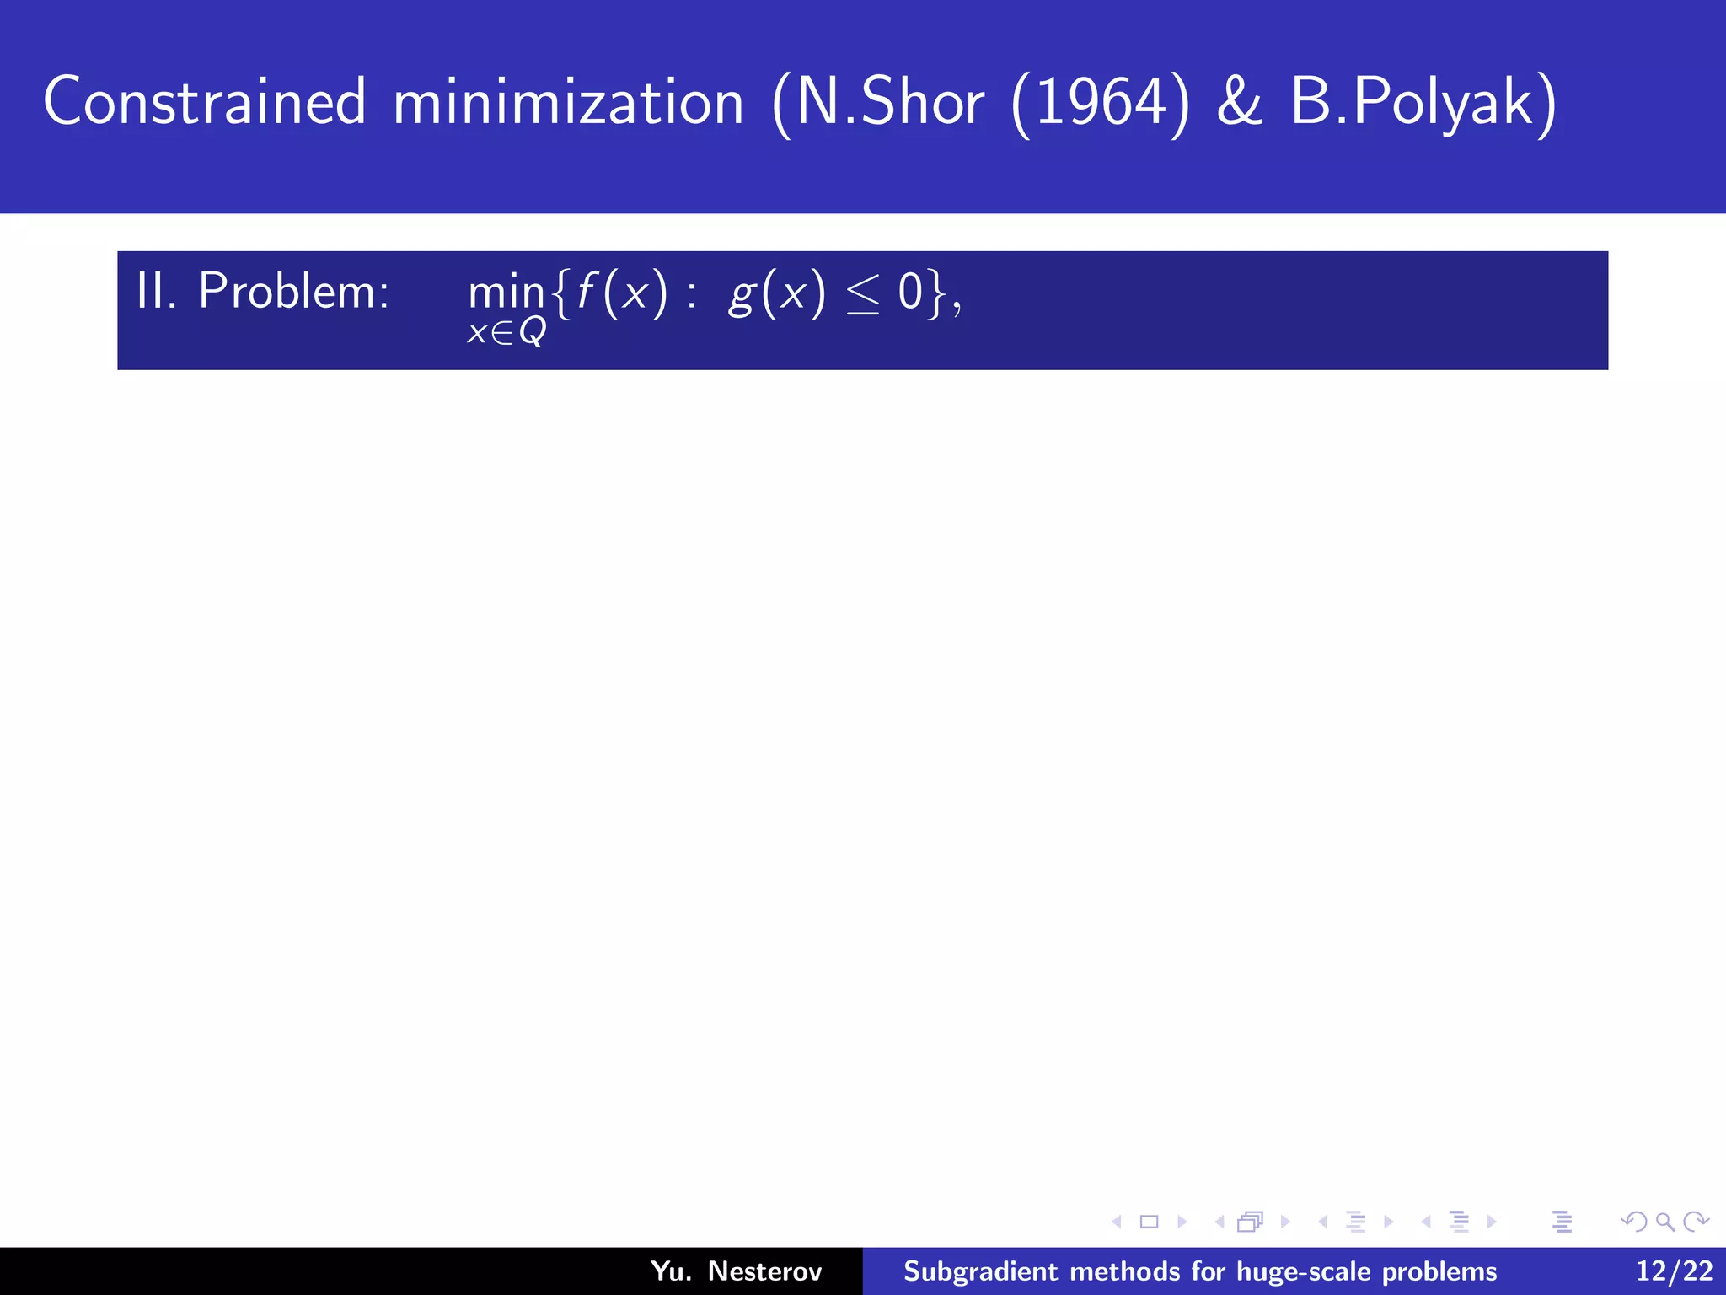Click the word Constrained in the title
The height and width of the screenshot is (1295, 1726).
(205, 102)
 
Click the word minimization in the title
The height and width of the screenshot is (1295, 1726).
(569, 102)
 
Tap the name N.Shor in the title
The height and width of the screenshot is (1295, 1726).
(889, 102)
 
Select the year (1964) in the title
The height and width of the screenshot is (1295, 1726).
(1101, 104)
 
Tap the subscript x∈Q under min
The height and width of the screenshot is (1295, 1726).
(507, 332)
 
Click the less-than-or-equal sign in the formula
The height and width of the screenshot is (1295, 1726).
(862, 295)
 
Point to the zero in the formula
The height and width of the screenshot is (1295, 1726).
(910, 293)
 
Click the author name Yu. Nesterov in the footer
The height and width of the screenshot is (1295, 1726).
(736, 1271)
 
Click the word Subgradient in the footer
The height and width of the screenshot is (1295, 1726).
(980, 1271)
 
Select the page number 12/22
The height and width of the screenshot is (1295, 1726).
(1674, 1271)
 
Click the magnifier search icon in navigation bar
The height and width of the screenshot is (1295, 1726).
(1664, 1222)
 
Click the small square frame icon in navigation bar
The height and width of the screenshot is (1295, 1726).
(1149, 1222)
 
